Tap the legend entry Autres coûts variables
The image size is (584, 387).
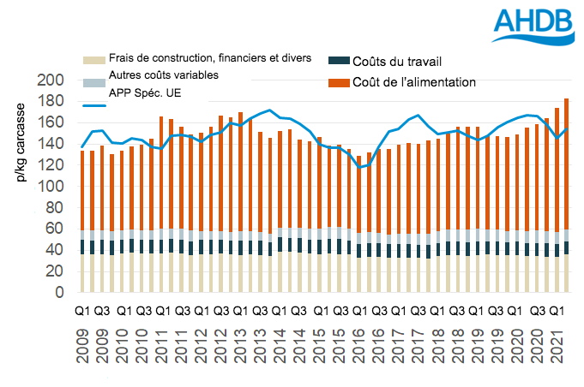[163, 75]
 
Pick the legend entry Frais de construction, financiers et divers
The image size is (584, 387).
[209, 58]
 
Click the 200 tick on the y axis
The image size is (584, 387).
[51, 80]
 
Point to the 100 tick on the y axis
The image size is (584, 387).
[51, 187]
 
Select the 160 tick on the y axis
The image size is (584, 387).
[51, 122]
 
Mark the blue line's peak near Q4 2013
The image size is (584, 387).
[270, 110]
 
